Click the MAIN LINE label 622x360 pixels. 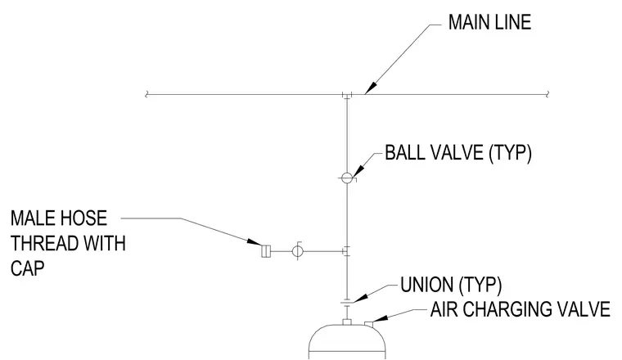[x=489, y=22]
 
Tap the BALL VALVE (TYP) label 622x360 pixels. [x=458, y=153]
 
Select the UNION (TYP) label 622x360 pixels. [x=451, y=285]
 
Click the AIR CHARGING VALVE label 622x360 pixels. [x=520, y=309]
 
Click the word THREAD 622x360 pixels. [x=38, y=244]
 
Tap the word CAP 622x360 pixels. [x=27, y=268]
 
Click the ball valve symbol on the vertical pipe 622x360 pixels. [x=347, y=178]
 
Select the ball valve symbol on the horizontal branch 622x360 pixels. [x=297, y=250]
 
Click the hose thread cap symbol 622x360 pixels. [x=266, y=251]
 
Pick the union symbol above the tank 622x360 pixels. [x=347, y=302]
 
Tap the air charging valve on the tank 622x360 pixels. [x=369, y=324]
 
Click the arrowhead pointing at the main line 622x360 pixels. [x=370, y=88]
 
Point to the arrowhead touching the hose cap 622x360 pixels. [x=254, y=241]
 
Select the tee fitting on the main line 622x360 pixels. [x=347, y=96]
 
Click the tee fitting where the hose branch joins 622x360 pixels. [x=346, y=251]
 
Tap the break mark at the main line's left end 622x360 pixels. [x=146, y=94]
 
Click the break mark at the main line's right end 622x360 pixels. [x=548, y=94]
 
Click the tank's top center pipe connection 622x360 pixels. [x=347, y=322]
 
